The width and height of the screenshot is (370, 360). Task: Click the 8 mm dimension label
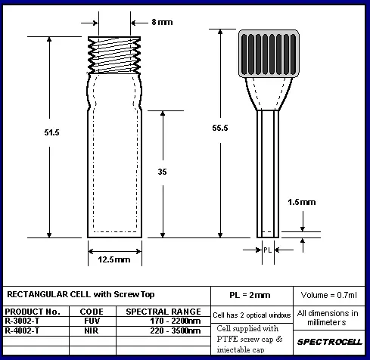[162, 22]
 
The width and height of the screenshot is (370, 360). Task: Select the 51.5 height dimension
[51, 132]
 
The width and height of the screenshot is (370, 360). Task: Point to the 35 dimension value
[162, 172]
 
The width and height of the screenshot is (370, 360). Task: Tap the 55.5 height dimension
[220, 128]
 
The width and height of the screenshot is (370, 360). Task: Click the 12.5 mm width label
[114, 259]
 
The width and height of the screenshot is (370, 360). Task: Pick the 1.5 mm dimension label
[302, 202]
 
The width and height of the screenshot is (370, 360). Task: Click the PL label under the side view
[268, 250]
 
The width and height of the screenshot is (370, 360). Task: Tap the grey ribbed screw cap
[269, 54]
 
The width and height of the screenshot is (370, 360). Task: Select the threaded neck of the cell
[114, 55]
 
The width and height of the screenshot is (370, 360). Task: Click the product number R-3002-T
[22, 321]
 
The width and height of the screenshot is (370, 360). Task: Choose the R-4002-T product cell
[22, 331]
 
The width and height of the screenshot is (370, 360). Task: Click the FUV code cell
[92, 321]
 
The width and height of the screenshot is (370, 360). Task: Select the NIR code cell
[92, 331]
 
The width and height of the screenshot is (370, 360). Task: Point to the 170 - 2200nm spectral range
[176, 321]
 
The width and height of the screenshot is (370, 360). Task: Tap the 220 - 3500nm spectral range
[176, 331]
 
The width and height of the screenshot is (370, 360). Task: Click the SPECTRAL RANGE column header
[163, 312]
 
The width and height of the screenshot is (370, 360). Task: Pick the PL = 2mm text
[250, 295]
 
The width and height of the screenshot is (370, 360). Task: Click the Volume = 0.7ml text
[329, 295]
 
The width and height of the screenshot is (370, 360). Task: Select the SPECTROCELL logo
[330, 342]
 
